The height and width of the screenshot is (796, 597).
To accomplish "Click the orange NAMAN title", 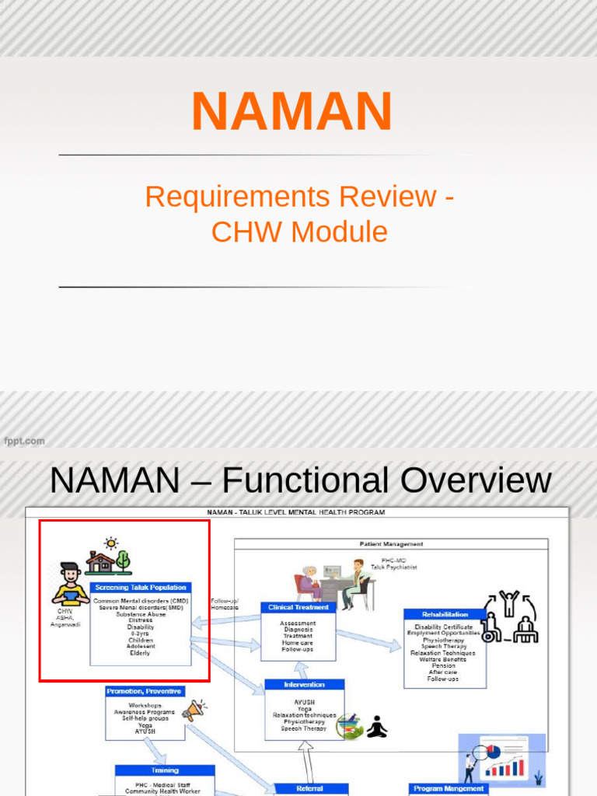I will click(x=292, y=112).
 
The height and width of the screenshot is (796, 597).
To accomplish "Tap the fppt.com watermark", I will click(x=25, y=441).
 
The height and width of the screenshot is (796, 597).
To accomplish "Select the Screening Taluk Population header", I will click(x=140, y=588).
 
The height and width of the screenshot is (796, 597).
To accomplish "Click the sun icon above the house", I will click(x=111, y=543).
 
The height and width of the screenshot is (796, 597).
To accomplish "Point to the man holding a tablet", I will click(x=70, y=585).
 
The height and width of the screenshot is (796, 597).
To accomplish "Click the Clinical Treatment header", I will click(x=298, y=607).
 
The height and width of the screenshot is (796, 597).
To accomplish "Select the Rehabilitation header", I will click(x=445, y=614).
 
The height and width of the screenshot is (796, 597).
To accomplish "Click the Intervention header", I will click(x=304, y=685).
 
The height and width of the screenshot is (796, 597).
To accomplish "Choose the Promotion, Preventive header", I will click(x=145, y=691).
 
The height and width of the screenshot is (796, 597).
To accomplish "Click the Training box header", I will click(x=165, y=770).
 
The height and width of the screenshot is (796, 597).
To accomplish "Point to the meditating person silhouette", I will click(x=377, y=728).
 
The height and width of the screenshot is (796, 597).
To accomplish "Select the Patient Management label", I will click(x=391, y=544).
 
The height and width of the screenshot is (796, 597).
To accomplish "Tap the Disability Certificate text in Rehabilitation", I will click(x=444, y=627).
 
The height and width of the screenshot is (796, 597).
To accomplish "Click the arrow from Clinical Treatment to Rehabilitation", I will click(x=369, y=640).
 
